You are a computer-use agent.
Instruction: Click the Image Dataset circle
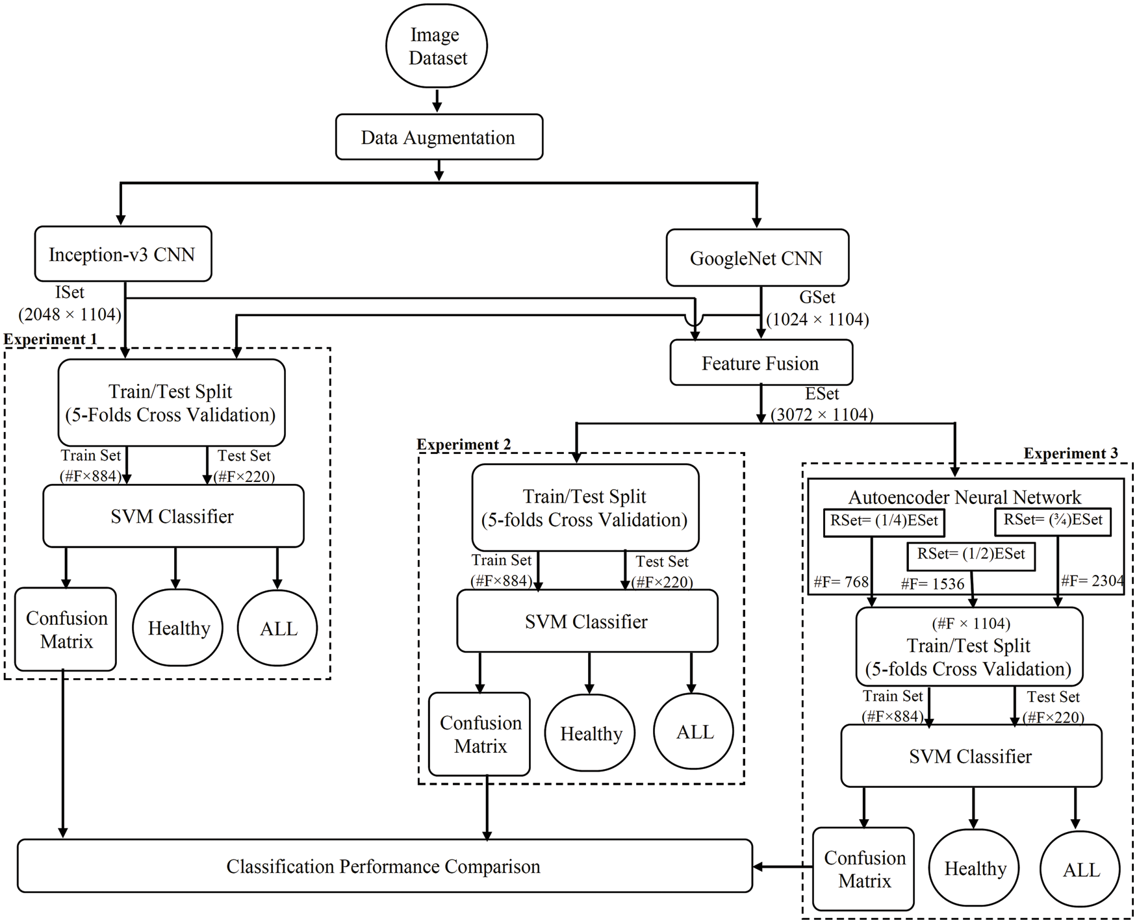coord(437,46)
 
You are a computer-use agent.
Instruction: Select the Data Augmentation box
coord(439,137)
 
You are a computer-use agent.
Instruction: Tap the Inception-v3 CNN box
coord(123,254)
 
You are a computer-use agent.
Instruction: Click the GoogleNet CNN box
coord(757,258)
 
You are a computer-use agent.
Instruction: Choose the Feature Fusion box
coord(761,362)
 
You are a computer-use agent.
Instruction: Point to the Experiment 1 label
coord(50,339)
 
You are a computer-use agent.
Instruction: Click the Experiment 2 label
coord(463,444)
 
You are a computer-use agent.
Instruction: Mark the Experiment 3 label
coord(1070,453)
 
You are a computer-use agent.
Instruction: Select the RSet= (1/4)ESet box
coord(884,522)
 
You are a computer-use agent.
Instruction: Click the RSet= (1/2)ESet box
coord(971,555)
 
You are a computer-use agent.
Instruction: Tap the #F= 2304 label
coord(1092,580)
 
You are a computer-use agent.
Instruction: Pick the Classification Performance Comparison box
coord(384,866)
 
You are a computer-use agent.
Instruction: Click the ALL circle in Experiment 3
coord(1080,869)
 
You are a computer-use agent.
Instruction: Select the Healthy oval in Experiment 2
coord(590,733)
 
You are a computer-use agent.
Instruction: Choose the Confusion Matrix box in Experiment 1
coord(66,629)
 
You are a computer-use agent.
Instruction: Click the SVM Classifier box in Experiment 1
coord(173,516)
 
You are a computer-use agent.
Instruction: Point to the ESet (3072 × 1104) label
coord(822,404)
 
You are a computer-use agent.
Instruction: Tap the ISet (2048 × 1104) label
coord(69,303)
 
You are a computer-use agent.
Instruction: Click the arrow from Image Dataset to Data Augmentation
coord(437,101)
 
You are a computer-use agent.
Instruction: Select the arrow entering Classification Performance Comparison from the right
coord(782,866)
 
